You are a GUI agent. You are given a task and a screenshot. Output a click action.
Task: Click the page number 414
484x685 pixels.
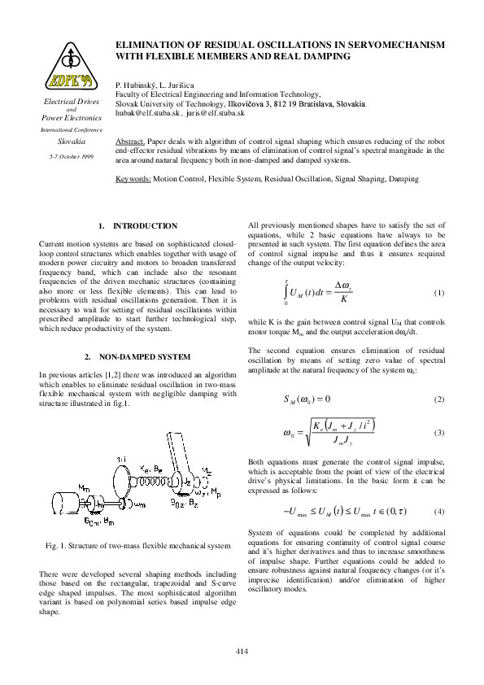pos(242,651)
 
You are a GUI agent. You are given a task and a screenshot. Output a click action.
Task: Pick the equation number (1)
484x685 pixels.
pos(439,292)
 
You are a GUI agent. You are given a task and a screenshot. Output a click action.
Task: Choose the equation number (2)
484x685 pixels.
pos(439,399)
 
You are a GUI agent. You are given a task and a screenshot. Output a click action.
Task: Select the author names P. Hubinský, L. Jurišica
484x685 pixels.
pos(159,85)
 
